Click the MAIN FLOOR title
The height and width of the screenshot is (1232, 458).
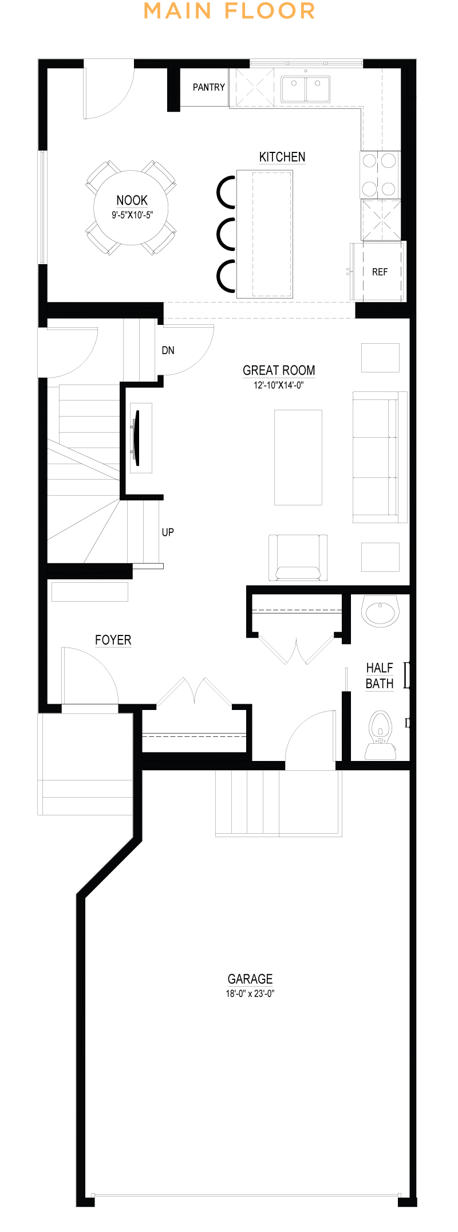click(x=229, y=11)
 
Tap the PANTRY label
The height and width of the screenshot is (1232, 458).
click(x=209, y=87)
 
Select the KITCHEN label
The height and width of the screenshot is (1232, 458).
click(x=282, y=157)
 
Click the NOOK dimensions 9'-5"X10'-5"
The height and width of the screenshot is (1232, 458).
click(x=132, y=215)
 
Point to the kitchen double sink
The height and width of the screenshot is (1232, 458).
click(x=305, y=89)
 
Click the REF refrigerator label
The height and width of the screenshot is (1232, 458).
click(x=380, y=272)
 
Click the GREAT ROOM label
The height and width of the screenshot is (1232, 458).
click(x=279, y=370)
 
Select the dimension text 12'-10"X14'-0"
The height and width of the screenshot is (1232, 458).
click(x=279, y=386)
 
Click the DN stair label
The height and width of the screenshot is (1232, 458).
click(x=168, y=350)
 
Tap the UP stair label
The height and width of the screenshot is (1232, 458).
click(x=168, y=532)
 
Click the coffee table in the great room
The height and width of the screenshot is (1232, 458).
click(x=298, y=457)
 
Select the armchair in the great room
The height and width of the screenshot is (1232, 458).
click(x=298, y=558)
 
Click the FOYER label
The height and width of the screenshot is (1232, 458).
click(x=113, y=640)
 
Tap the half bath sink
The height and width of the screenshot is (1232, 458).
click(x=380, y=611)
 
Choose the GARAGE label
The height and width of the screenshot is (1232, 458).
click(x=250, y=979)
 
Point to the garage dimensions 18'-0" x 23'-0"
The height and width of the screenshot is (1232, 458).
click(x=250, y=994)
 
